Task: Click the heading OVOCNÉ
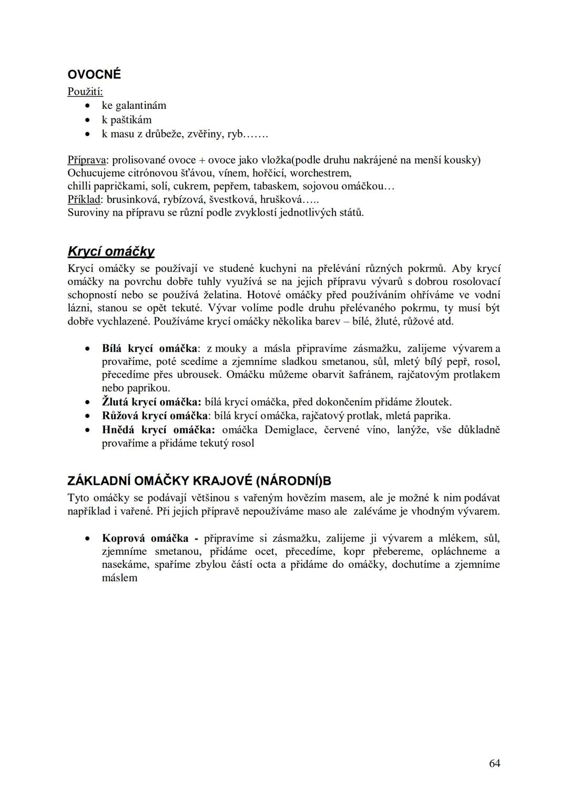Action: click(94, 75)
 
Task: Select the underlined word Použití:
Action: click(85, 92)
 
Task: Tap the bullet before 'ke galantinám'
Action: click(88, 106)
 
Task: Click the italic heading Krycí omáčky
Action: click(111, 251)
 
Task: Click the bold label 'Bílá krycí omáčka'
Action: click(150, 349)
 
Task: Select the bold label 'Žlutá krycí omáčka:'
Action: click(151, 402)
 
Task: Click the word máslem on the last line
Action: click(119, 578)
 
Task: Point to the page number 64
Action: click(494, 764)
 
